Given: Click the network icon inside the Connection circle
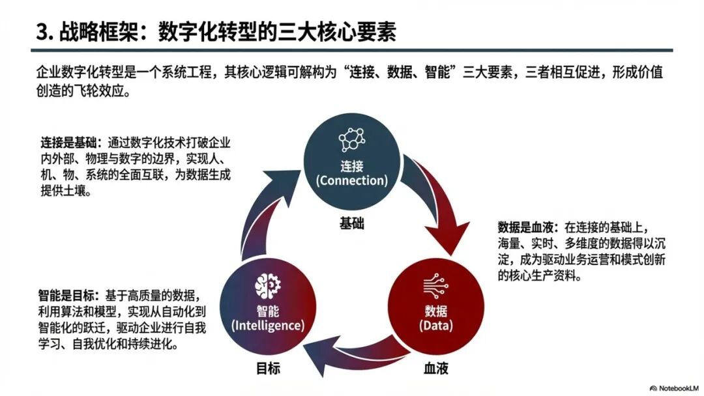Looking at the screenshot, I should pos(352,140).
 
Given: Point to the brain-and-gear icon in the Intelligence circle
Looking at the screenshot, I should pos(268,284).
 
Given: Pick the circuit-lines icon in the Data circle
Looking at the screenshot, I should pos(436,285).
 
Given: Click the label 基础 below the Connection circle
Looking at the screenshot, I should pos(352,224).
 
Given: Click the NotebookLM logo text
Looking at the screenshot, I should pos(675,386).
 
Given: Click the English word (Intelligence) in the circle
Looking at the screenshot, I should pos(268,324).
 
